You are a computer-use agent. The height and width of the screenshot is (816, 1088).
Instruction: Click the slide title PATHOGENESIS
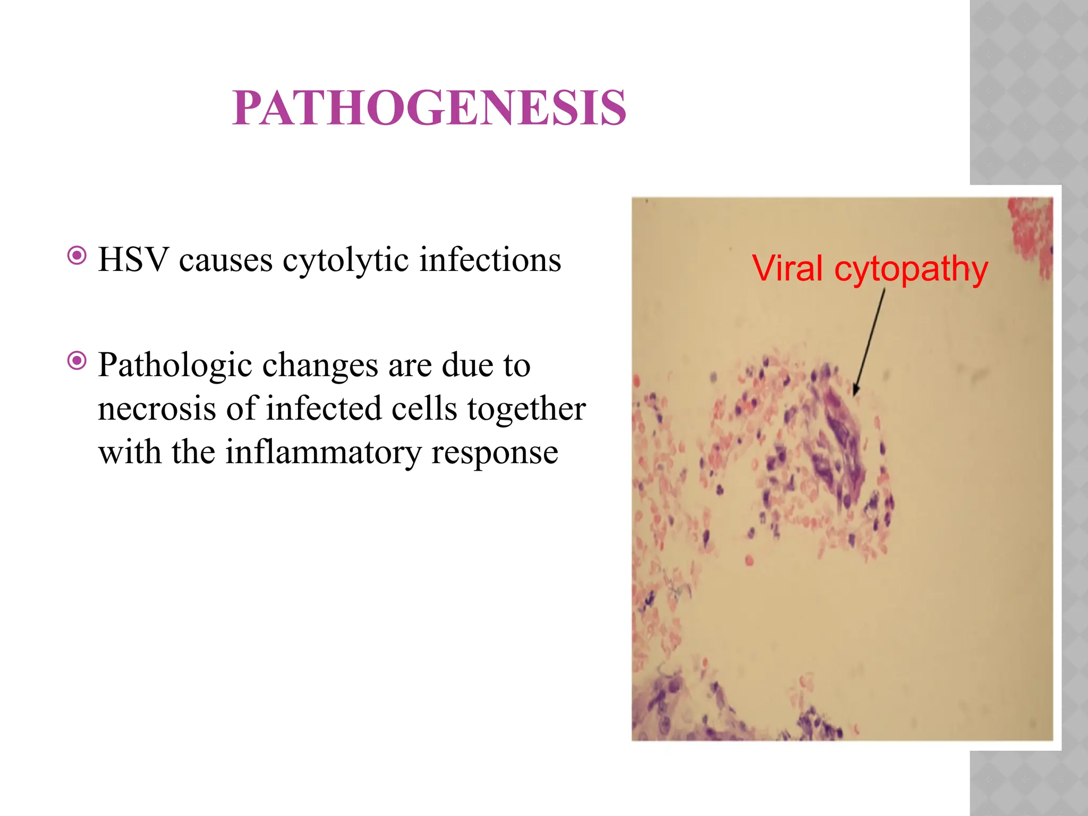[x=429, y=108]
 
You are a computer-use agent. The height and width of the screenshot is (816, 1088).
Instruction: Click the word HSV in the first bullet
[x=133, y=260]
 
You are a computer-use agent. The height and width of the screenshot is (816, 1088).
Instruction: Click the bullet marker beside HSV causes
[x=77, y=256]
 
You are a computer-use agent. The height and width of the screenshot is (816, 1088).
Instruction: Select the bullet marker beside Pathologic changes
[x=77, y=362]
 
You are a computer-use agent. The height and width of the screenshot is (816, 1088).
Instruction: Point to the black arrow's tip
[x=854, y=394]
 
